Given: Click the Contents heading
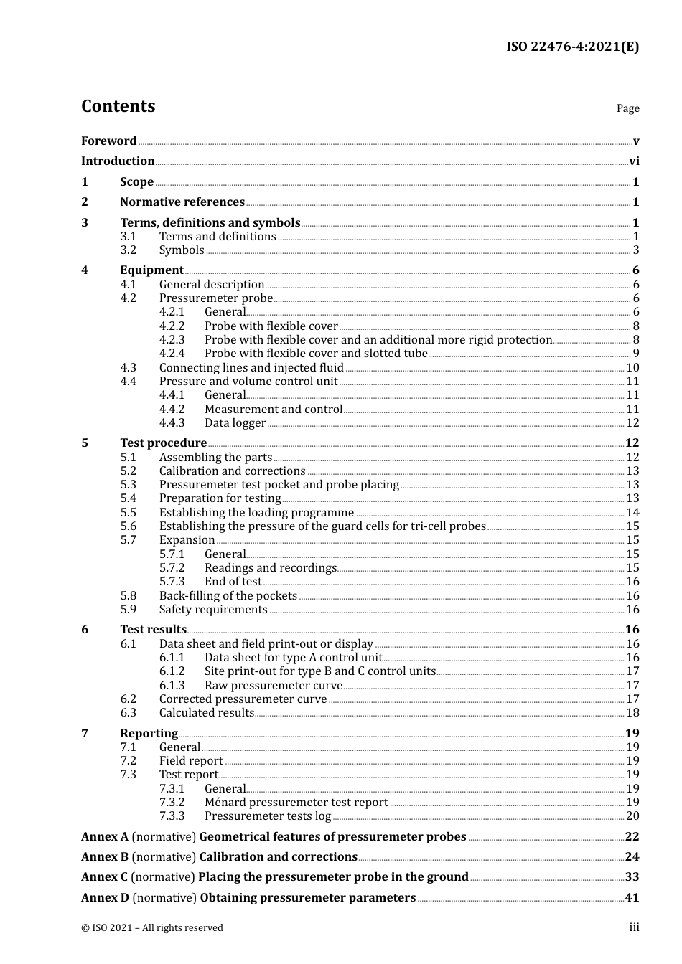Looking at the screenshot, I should (118, 106).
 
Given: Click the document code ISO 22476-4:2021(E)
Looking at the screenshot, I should (572, 47).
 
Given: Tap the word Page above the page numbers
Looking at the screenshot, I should (627, 108).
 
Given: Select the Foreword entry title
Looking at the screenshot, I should (108, 141).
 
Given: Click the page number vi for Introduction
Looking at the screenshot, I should (634, 161).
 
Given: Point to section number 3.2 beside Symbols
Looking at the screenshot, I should (128, 250).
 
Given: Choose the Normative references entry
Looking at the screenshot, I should (182, 202).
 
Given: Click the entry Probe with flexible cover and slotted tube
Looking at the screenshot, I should (316, 354).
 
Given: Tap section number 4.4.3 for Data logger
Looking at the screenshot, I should (172, 423).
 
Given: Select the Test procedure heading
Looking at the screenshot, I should (163, 443).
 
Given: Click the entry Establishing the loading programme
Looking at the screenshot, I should (256, 513).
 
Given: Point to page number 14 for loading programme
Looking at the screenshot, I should (632, 513).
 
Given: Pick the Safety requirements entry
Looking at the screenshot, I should (213, 610).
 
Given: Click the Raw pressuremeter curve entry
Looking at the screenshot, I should (273, 686).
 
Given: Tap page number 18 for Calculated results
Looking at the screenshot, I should (632, 713).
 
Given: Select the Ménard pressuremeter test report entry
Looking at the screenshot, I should (296, 803).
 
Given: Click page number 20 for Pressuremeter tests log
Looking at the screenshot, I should (632, 816).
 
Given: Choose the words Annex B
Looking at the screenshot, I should (105, 857).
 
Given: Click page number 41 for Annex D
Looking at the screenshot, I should (632, 898).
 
